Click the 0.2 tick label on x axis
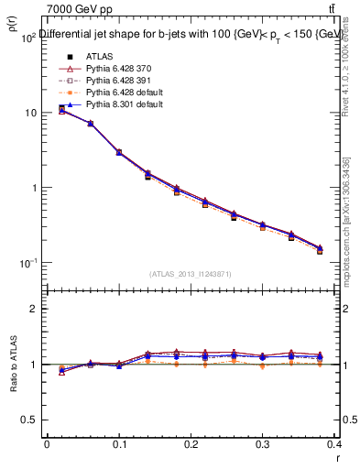coord(191,442)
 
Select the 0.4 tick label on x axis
coord(334,442)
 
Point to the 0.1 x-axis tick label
coord(119,442)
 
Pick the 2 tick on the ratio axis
coord(33,309)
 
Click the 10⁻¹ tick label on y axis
coord(26,263)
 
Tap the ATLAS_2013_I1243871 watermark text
coord(191,274)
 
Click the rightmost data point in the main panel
coord(320,249)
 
